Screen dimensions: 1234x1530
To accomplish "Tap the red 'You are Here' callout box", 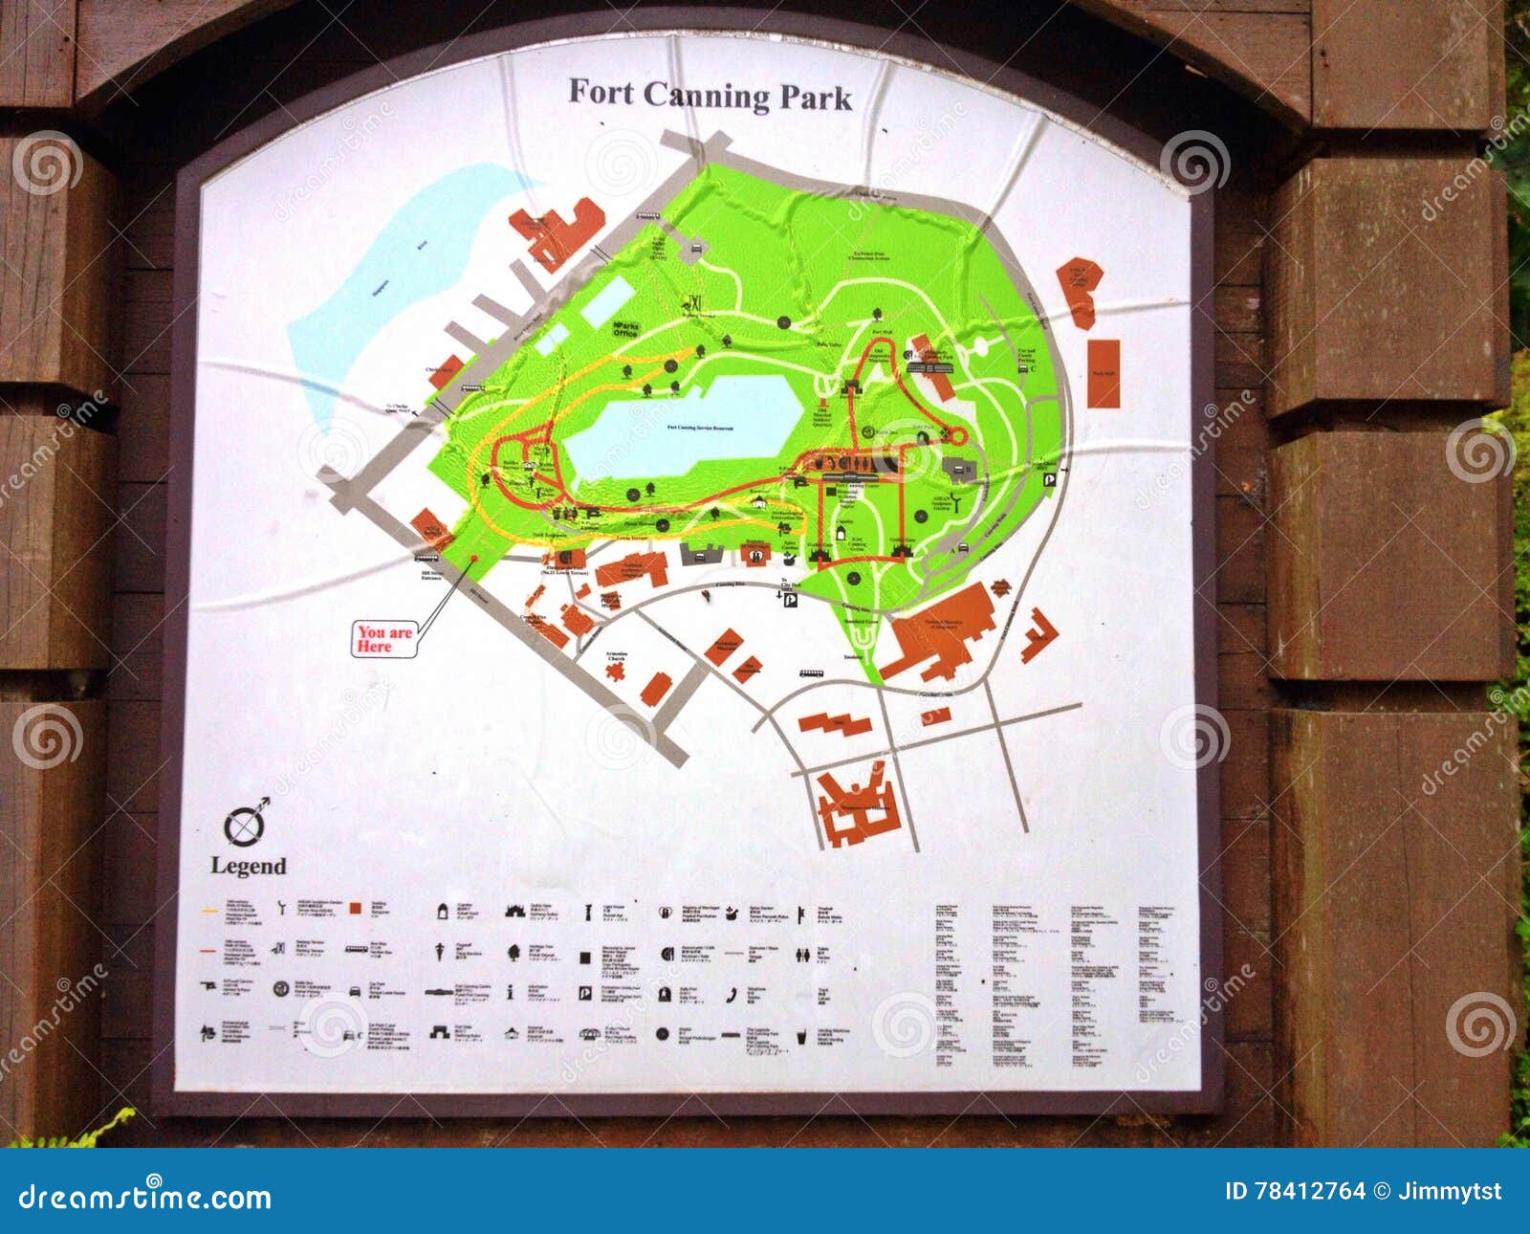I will coord(385,639).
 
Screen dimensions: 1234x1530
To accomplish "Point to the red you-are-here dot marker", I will coord(473,558).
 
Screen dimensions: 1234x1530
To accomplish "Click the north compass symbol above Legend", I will coord(246,824).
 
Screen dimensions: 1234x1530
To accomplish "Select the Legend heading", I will coord(249,867).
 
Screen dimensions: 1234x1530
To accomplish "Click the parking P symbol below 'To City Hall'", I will coord(791,601).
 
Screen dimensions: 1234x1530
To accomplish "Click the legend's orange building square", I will coord(355,908).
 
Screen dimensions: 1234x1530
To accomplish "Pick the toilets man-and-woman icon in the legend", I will coord(807,954).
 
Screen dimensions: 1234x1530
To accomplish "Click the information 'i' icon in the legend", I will coord(512,993).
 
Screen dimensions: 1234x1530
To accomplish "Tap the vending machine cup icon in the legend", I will coord(807,1035).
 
